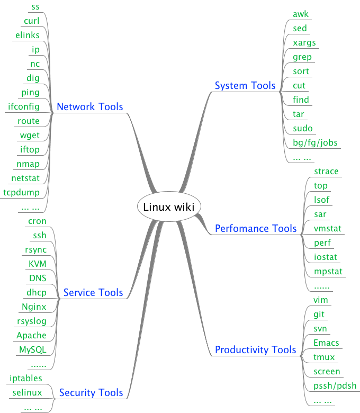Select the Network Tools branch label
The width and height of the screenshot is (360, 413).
[89, 106]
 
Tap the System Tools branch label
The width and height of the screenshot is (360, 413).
[245, 85]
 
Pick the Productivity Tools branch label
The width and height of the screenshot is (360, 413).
[256, 349]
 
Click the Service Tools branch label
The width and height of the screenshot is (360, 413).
[93, 292]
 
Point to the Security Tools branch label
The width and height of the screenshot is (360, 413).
[91, 392]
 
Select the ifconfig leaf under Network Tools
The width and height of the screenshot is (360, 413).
[23, 106]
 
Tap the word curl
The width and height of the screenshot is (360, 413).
[32, 21]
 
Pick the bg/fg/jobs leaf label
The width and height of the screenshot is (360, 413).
[315, 142]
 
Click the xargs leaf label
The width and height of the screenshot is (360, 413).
[304, 42]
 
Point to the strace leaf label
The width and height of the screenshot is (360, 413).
[326, 171]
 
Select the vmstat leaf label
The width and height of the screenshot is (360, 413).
[328, 228]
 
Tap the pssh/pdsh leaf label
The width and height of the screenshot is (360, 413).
[335, 385]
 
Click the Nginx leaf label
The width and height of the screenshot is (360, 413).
[34, 307]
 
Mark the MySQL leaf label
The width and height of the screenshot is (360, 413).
[33, 349]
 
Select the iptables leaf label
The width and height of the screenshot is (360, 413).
[26, 378]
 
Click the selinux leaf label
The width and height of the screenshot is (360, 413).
[27, 392]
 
